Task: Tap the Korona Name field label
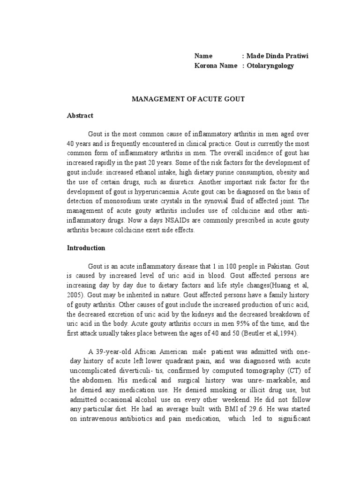(x=216, y=66)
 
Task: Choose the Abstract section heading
(x=80, y=115)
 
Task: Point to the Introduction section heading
(x=86, y=247)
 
